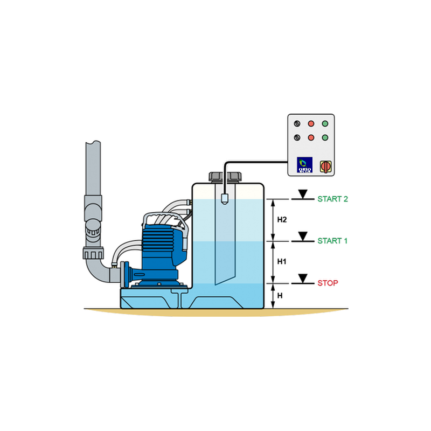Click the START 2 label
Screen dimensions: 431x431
[x=332, y=199]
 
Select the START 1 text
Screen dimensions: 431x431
[x=332, y=240]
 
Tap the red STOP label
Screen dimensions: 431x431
[x=328, y=282]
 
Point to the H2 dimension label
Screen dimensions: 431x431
[x=281, y=220]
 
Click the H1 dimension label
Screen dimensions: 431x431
[x=281, y=261]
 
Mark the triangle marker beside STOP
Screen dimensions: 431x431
[x=303, y=278]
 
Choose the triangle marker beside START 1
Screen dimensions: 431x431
[x=303, y=235]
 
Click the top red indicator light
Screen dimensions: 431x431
[x=311, y=123]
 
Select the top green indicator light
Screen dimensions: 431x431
[x=325, y=123]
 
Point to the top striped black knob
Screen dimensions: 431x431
[x=296, y=123]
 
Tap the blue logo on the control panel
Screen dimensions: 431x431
[x=305, y=165]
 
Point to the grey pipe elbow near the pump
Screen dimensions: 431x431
[x=95, y=269]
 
